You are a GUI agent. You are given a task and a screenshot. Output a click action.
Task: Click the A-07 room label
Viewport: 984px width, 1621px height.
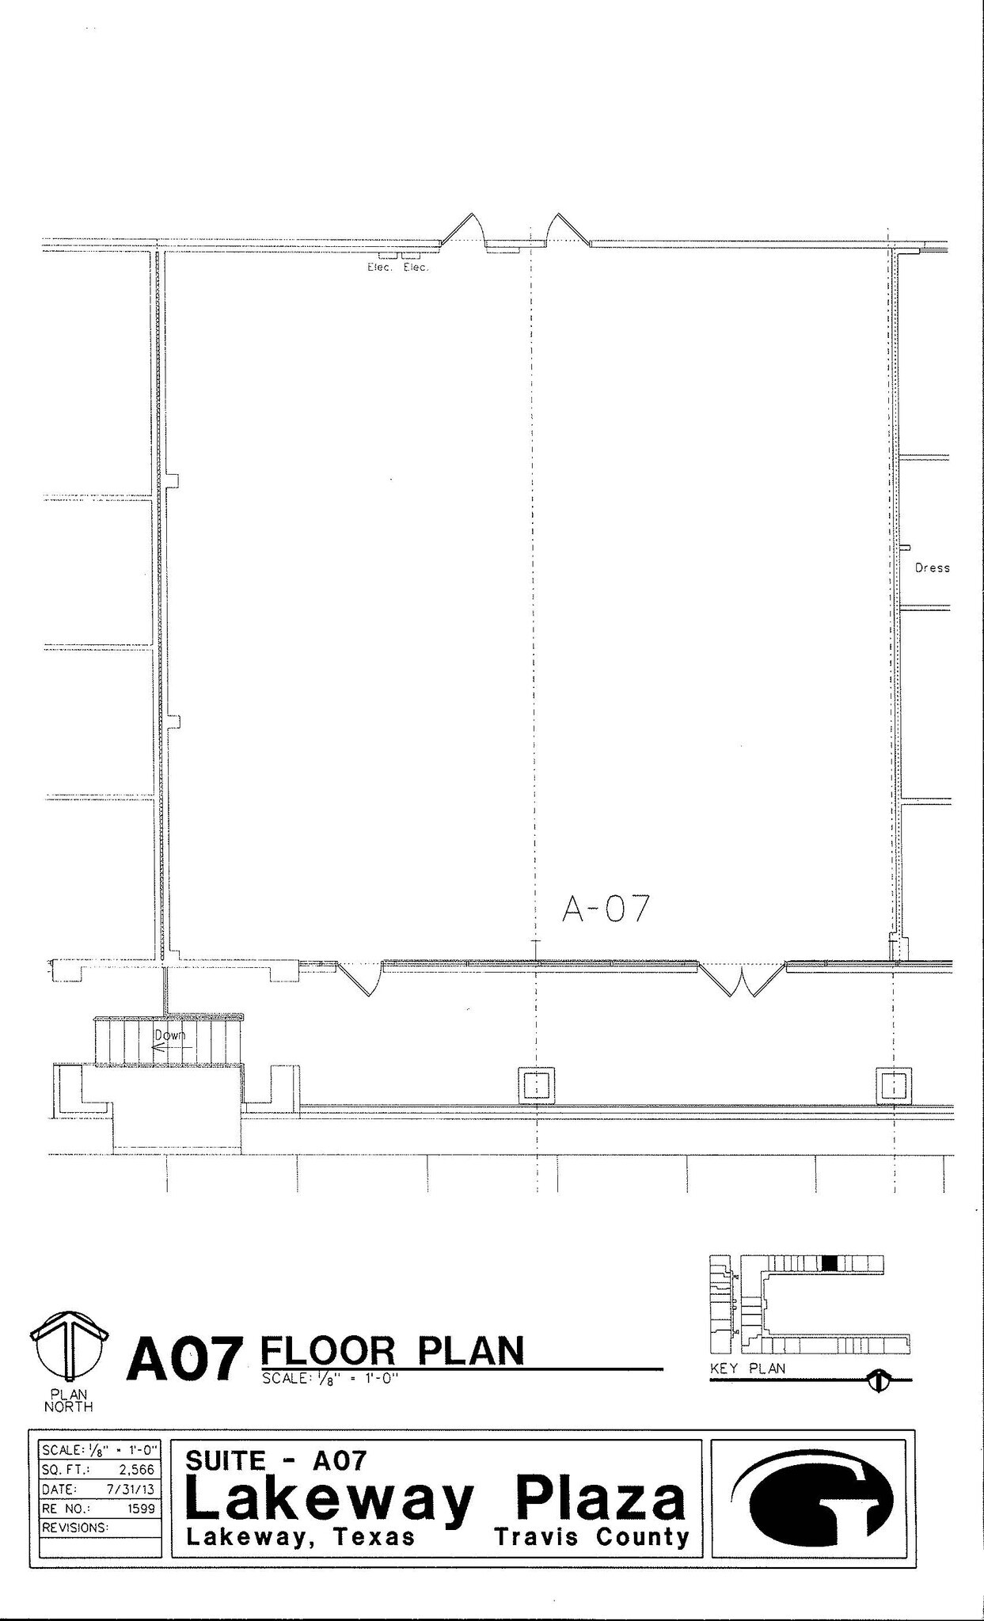pos(606,909)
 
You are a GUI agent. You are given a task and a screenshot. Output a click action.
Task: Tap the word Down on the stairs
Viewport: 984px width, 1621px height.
pos(169,1034)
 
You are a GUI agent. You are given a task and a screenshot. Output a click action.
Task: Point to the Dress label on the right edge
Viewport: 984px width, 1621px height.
pos(932,568)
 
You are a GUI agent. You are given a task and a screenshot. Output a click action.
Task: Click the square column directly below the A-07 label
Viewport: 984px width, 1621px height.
pos(536,1084)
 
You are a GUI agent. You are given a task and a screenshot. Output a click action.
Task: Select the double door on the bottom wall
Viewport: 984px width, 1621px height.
pos(742,980)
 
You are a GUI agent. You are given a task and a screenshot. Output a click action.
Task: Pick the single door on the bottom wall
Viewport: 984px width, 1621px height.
pos(360,978)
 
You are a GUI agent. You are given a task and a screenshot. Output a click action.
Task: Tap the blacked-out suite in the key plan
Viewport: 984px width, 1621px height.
pos(829,1263)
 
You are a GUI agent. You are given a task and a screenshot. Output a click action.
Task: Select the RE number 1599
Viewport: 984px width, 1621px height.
pos(142,1509)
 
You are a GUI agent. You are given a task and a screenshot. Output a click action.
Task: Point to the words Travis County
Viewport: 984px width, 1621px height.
pos(591,1537)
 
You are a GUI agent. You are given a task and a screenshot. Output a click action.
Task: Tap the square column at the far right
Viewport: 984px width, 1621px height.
pos(893,1084)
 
